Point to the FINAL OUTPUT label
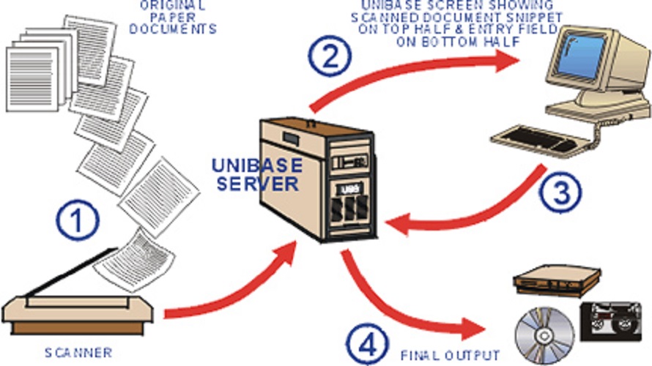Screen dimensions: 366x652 451,354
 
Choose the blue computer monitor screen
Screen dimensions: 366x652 582,58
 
